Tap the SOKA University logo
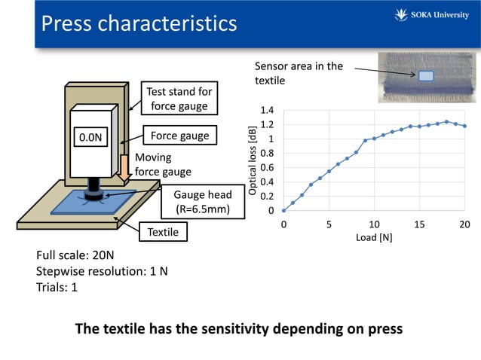[431, 15]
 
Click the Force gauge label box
[179, 136]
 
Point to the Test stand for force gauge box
[179, 98]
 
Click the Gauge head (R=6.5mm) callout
[203, 202]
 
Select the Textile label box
[163, 232]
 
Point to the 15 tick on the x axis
[419, 224]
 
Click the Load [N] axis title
[374, 237]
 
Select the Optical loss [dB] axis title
[252, 161]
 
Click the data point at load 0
[283, 210]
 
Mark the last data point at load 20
[464, 126]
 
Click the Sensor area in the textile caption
[299, 73]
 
